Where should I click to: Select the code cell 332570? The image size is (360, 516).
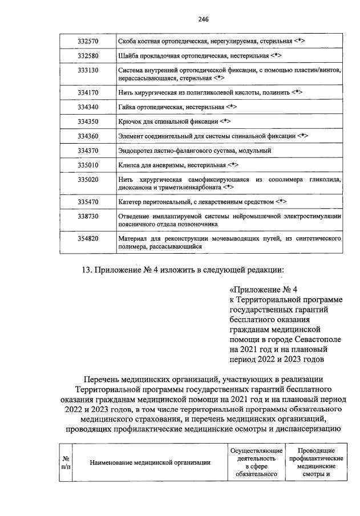tap(88, 42)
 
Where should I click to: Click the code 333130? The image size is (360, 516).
tap(88, 70)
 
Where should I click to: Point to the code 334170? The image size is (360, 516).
tap(88, 92)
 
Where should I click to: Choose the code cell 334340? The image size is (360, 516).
tap(88, 107)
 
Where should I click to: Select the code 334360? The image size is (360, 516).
tap(88, 136)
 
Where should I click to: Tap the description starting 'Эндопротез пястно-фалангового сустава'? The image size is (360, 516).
tap(194, 151)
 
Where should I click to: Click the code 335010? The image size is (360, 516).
tap(88, 165)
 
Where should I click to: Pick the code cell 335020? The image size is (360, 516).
tap(88, 180)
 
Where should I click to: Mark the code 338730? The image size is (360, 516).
tap(88, 217)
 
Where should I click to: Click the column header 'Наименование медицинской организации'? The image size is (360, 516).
tap(151, 463)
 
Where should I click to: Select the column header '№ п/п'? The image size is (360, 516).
tap(66, 463)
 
